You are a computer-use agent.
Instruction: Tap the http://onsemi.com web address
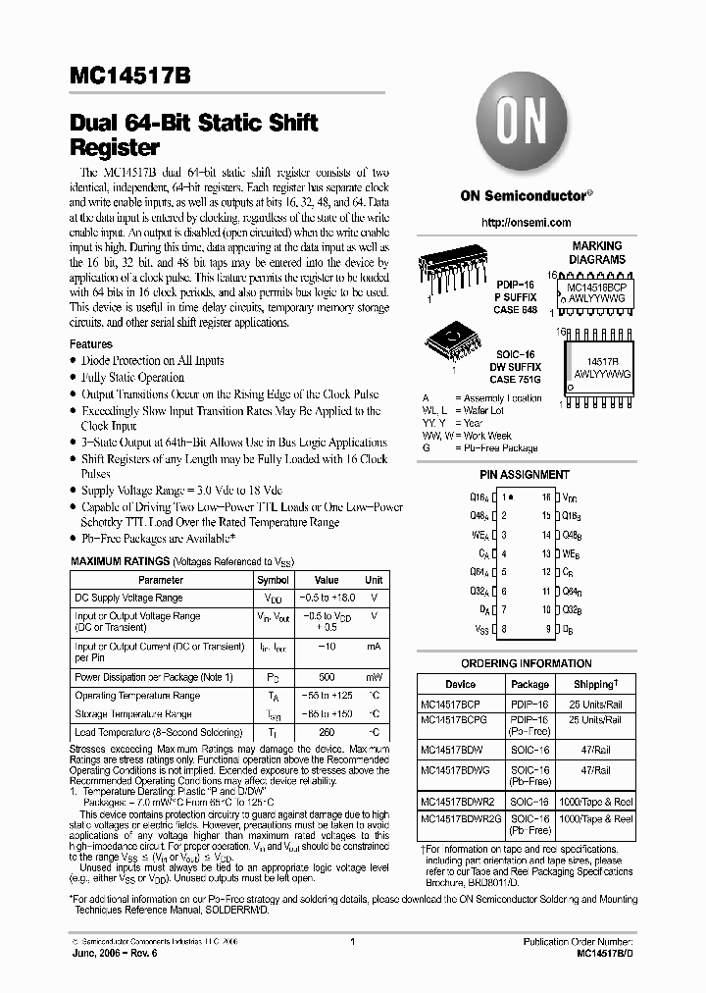[x=525, y=224]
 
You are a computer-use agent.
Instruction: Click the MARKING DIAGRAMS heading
[x=596, y=252]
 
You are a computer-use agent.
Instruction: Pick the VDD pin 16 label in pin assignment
[x=570, y=498]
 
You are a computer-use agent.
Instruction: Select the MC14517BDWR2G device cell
[x=460, y=818]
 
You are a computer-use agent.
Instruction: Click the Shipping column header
[x=596, y=684]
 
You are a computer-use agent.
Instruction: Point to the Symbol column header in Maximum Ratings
[x=273, y=580]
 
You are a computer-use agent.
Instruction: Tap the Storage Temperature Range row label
[x=133, y=714]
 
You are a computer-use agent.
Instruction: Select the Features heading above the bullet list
[x=91, y=344]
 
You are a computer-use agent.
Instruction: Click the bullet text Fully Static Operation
[x=132, y=377]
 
